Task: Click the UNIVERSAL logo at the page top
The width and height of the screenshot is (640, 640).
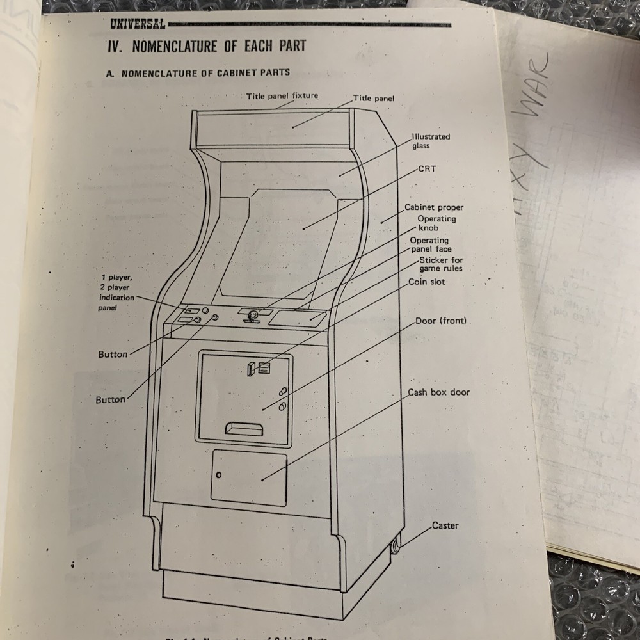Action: click(137, 24)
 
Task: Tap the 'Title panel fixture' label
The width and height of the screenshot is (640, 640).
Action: click(282, 96)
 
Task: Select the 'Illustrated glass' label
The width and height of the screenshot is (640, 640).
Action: click(430, 141)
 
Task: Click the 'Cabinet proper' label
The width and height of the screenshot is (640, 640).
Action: click(434, 207)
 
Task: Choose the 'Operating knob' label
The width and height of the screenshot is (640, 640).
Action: click(436, 223)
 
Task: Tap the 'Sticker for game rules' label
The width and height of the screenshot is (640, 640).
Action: click(440, 264)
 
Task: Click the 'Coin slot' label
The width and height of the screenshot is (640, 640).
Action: click(426, 282)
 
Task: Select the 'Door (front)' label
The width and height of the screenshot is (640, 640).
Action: click(441, 321)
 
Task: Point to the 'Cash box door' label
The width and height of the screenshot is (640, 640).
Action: click(439, 392)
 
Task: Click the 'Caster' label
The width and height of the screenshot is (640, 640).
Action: click(445, 525)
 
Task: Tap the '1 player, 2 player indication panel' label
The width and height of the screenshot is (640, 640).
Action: click(116, 292)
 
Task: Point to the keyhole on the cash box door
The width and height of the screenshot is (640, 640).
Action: click(219, 475)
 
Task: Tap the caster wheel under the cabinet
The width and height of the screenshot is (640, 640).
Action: click(395, 547)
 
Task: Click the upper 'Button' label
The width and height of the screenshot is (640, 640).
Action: click(113, 354)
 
